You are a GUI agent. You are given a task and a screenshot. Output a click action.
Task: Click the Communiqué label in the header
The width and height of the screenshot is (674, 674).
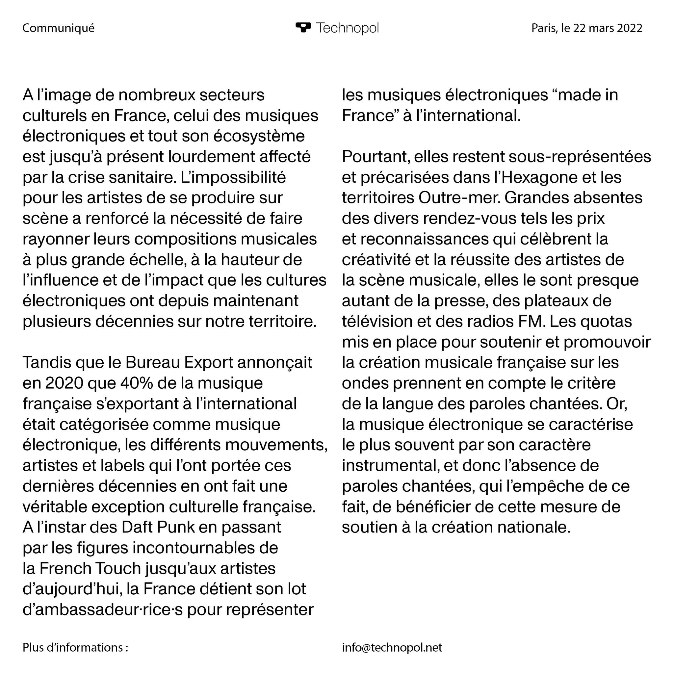tap(58, 28)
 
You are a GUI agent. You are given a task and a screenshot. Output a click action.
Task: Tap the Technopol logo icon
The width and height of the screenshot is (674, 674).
tap(303, 27)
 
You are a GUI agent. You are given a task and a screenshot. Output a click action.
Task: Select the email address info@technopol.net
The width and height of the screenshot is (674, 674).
tap(392, 647)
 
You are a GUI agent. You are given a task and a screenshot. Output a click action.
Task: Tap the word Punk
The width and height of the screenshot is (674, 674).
tap(176, 527)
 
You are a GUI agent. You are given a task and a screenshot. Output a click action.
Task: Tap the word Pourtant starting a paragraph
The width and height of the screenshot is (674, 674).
tap(375, 157)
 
